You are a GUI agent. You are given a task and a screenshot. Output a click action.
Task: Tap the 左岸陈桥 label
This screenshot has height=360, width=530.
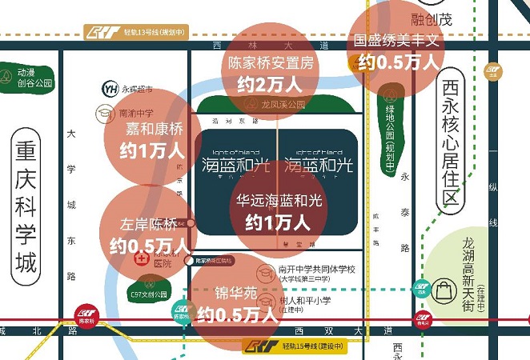click(x=149, y=226)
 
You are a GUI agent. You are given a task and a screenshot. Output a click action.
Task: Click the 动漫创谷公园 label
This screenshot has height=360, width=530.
click(x=35, y=78)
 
